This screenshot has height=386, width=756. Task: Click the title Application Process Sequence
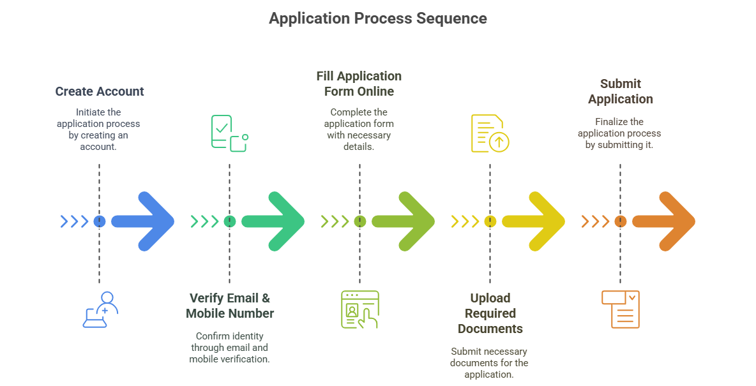[377, 19]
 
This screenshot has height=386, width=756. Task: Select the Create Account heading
[100, 91]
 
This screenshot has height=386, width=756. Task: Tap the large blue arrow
[146, 221]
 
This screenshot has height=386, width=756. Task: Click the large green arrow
[276, 221]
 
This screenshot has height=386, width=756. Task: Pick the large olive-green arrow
[406, 221]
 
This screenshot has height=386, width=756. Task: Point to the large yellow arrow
[536, 221]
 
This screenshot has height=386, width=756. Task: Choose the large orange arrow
[667, 221]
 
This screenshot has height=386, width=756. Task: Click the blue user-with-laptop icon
[101, 309]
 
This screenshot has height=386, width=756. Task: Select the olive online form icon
[360, 309]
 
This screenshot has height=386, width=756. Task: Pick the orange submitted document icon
[621, 309]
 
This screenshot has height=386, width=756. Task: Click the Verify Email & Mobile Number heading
[230, 306]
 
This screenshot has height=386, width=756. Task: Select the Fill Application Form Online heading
[359, 84]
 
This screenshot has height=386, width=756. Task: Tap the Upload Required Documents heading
[490, 313]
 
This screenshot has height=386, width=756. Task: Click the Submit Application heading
[620, 91]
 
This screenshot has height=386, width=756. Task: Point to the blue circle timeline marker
[99, 221]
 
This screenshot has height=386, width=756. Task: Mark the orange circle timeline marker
[620, 221]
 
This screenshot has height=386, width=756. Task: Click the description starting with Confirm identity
[229, 347]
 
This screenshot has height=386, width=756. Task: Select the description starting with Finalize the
[619, 133]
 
